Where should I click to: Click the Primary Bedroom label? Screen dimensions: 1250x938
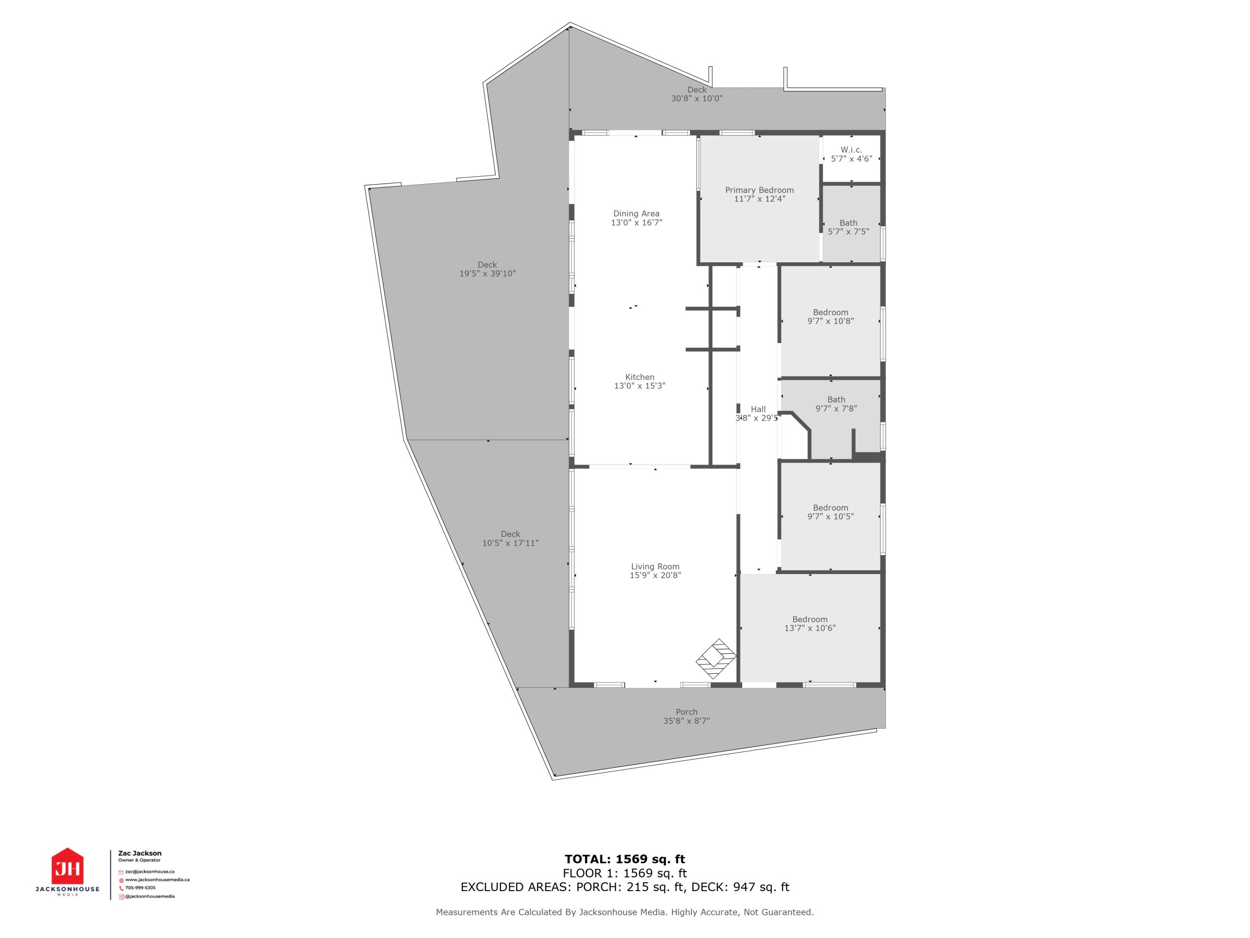click(x=759, y=190)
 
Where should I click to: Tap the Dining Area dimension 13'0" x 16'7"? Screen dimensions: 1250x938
click(x=636, y=223)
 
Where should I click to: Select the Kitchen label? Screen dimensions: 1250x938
click(x=640, y=377)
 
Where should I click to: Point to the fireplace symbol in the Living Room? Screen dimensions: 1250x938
click(x=716, y=659)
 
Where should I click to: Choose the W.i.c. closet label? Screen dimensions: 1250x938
click(x=851, y=150)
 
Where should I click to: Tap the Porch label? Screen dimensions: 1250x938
click(x=687, y=712)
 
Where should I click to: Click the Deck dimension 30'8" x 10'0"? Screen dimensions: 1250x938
click(x=697, y=98)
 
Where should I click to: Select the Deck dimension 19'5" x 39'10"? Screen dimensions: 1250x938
click(x=488, y=274)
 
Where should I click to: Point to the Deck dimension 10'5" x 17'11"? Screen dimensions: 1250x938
click(x=510, y=543)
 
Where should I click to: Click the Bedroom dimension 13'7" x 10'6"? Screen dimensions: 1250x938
click(x=810, y=628)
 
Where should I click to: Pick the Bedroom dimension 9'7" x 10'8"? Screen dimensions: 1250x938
click(x=831, y=321)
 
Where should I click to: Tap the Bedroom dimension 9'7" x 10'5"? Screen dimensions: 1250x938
click(x=831, y=516)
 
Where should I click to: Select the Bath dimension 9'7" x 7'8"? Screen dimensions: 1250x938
click(x=836, y=408)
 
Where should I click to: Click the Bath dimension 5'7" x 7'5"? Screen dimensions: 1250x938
click(x=849, y=231)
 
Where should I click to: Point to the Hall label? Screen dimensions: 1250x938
click(x=758, y=409)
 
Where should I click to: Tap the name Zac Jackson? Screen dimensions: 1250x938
click(x=140, y=853)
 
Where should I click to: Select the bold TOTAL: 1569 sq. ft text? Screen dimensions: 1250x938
click(x=625, y=859)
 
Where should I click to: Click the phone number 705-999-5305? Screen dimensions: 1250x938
click(x=140, y=888)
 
